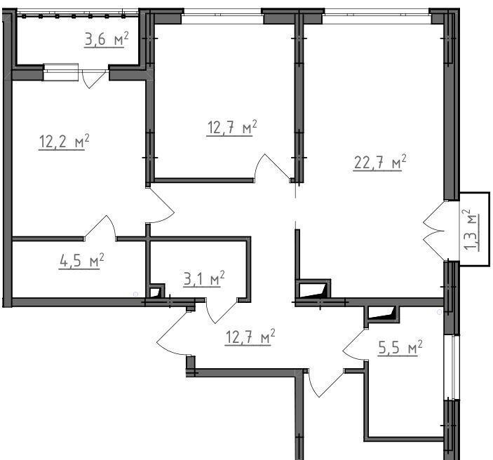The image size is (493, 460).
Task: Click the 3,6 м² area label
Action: point(107,40)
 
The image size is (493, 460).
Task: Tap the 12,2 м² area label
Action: point(64,142)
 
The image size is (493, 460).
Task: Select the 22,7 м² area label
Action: point(380,163)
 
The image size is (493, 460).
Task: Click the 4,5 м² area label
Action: point(81,261)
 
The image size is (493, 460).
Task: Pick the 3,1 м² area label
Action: point(204,278)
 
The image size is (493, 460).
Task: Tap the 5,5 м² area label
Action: point(400,348)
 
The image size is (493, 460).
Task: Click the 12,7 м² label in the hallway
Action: point(250,337)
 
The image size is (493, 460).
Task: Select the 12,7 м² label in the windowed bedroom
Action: point(232,128)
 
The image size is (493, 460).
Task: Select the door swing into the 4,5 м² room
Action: point(100,226)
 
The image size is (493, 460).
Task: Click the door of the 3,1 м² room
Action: point(222,311)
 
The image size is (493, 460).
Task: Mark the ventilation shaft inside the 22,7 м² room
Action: point(313,289)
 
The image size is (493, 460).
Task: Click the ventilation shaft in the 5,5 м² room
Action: point(381,313)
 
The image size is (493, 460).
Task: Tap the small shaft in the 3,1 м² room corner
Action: point(155,291)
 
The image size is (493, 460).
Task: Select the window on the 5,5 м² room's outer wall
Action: point(452,367)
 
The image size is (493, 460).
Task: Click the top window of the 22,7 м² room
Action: point(377,15)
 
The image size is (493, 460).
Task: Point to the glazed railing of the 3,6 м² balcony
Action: point(77,15)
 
